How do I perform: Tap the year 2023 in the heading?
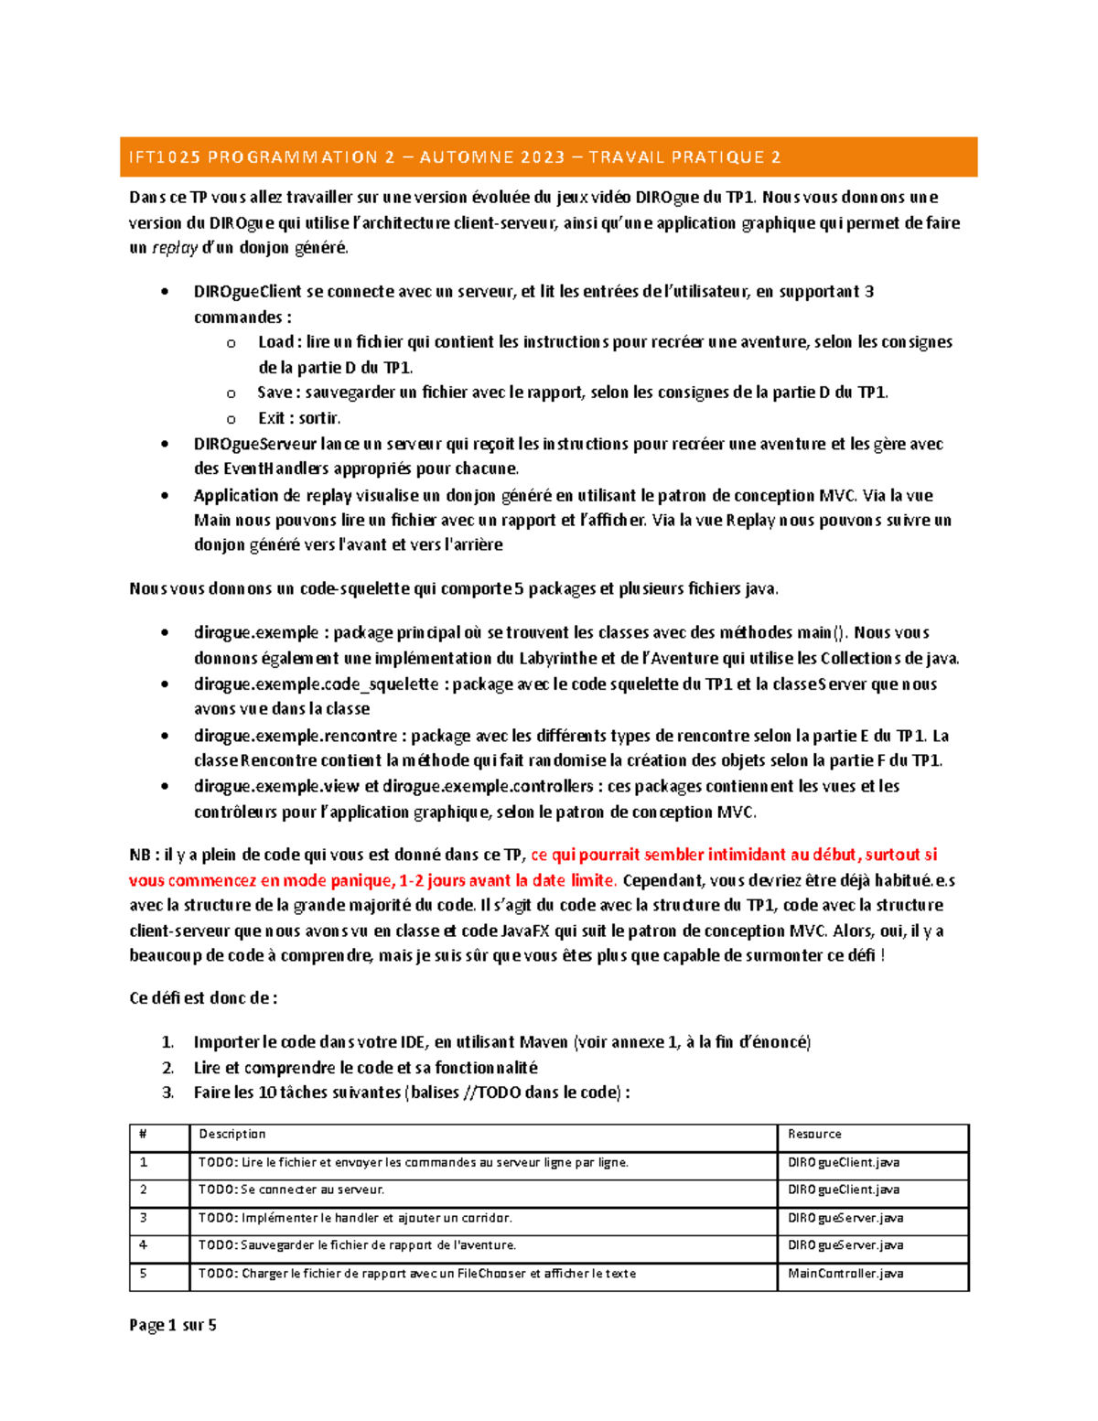(x=544, y=157)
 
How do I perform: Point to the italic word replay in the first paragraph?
(x=174, y=248)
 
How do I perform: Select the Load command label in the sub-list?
(x=275, y=342)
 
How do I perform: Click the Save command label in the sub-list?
(x=274, y=393)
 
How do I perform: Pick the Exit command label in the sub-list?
(x=272, y=418)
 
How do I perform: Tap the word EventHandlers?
(x=274, y=469)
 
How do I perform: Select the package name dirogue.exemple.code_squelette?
(x=316, y=684)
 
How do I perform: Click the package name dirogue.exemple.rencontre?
(x=296, y=736)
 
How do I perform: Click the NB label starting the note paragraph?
(x=140, y=856)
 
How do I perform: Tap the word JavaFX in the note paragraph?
(x=526, y=931)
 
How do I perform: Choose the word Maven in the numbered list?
(x=544, y=1042)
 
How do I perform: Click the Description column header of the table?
(x=232, y=1135)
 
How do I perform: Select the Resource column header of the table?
(x=814, y=1135)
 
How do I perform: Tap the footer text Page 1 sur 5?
(x=173, y=1325)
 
